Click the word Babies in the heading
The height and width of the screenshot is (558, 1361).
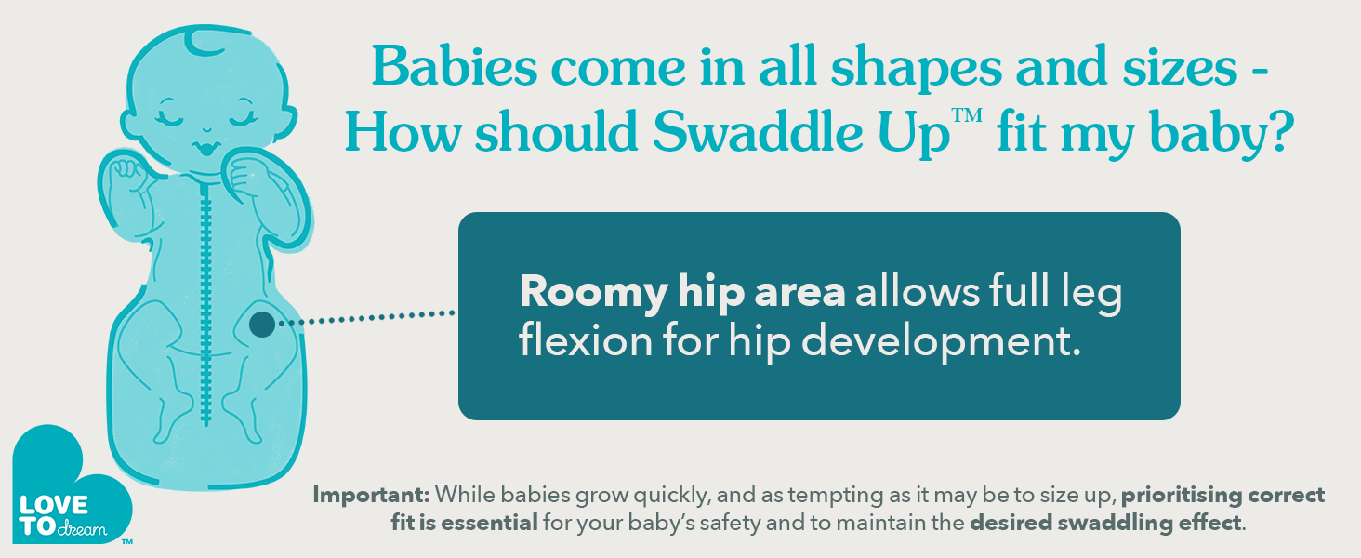tap(456, 66)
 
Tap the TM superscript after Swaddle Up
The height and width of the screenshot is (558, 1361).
tap(967, 115)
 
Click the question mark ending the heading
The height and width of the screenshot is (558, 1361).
tap(1275, 131)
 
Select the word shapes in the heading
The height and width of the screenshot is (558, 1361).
tap(917, 71)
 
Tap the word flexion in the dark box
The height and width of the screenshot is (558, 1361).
tap(586, 340)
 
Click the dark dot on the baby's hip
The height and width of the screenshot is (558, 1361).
tap(262, 324)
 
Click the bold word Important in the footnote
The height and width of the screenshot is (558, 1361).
tap(371, 496)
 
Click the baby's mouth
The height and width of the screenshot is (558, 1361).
tap(206, 148)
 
